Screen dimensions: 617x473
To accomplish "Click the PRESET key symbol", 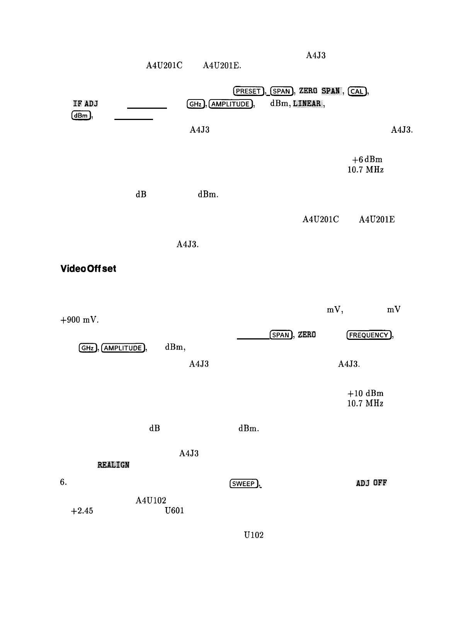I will click(248, 91).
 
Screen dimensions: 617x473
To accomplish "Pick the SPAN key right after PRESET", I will click(281, 91).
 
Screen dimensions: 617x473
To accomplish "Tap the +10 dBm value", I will click(365, 393).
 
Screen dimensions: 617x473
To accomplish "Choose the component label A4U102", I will click(151, 500).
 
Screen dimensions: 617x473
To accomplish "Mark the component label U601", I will click(174, 511).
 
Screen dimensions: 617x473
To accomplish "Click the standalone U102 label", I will click(254, 535).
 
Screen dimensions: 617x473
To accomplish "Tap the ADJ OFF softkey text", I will click(371, 483).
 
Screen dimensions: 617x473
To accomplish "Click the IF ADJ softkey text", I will click(85, 103).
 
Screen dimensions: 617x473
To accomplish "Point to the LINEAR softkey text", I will click(308, 103).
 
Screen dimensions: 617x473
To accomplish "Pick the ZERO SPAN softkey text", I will click(319, 91).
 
